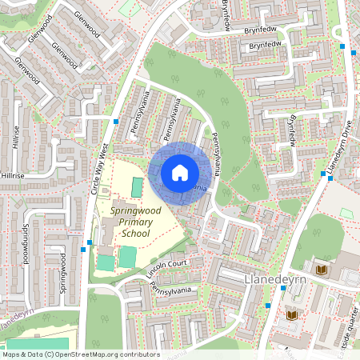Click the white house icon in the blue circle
(180, 173)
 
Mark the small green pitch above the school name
(137, 186)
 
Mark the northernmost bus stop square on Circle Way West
(116, 122)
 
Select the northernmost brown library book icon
(321, 270)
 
